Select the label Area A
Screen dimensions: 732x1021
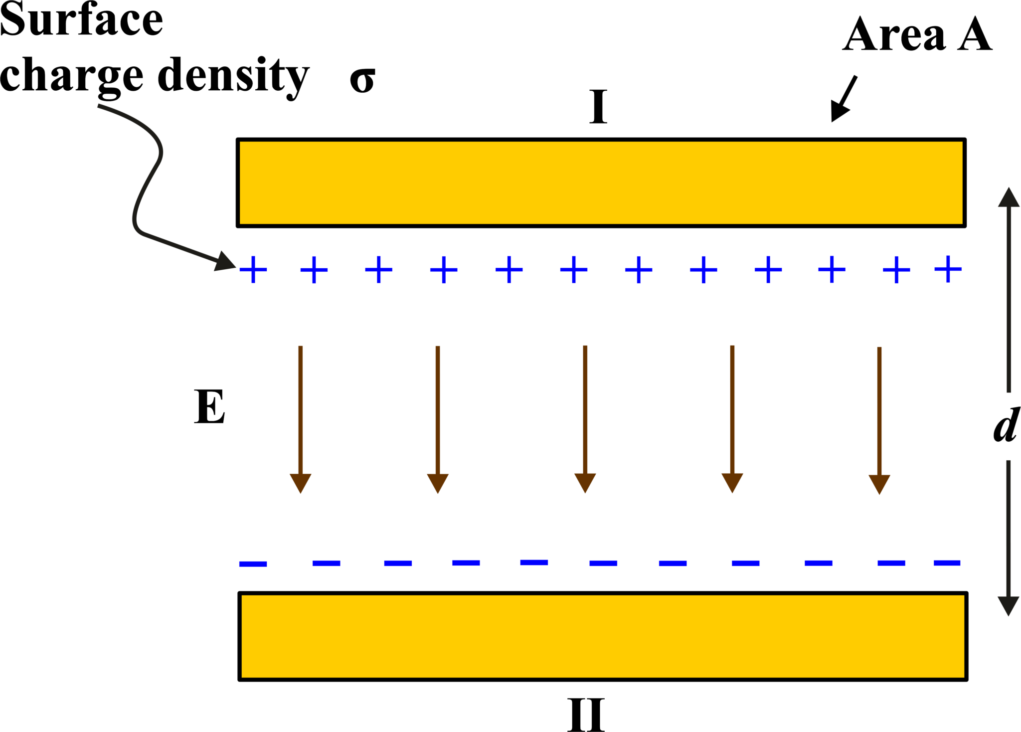917,35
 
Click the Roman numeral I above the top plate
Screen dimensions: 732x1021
598,108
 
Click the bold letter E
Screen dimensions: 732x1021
209,407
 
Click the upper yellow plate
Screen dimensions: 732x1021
601,183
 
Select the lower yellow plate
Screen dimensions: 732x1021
603,636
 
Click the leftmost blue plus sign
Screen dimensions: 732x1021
253,270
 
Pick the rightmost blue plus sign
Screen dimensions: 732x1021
948,269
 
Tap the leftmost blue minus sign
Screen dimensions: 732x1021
253,564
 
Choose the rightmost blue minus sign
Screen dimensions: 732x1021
947,563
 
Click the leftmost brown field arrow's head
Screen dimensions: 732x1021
301,483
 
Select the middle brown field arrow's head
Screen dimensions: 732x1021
585,483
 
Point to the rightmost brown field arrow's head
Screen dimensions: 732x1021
879,484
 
